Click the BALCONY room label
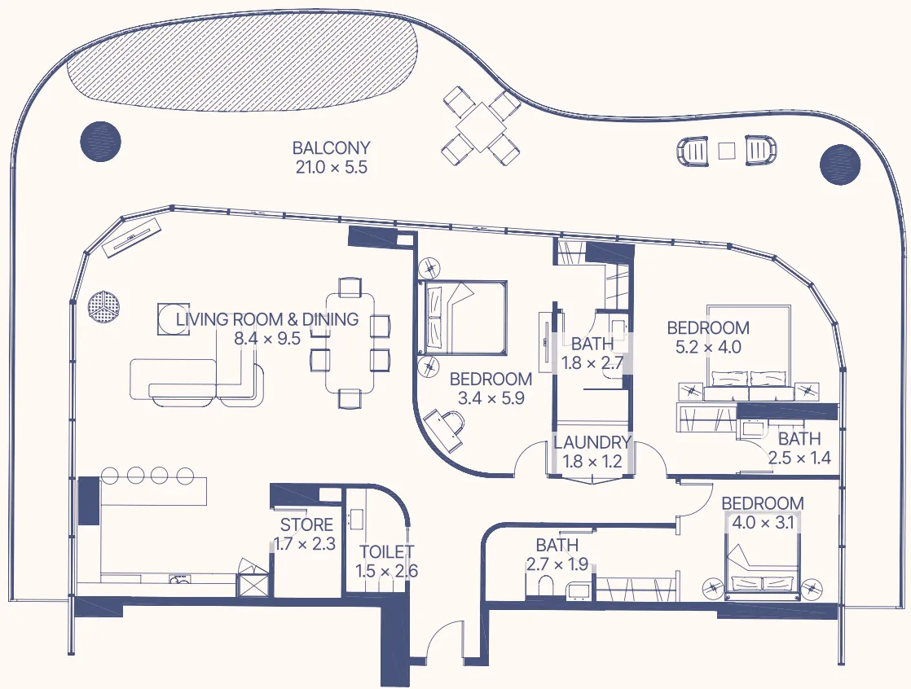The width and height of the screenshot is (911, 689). tap(331, 148)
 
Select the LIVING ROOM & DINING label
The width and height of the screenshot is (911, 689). tap(267, 319)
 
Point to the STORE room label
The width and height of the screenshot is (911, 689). tap(306, 525)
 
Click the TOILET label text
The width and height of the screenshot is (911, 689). tap(386, 552)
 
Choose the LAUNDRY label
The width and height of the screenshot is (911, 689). tap(592, 443)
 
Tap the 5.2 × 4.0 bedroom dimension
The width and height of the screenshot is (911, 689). tap(708, 348)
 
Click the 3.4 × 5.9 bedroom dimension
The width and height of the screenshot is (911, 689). tap(491, 399)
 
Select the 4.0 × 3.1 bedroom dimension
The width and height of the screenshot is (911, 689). tap(763, 523)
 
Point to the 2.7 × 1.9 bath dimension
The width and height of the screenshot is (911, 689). tap(557, 564)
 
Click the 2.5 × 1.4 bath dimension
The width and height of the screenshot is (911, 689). tap(799, 458)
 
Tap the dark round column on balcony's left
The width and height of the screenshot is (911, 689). tap(100, 140)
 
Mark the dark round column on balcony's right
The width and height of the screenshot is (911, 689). tap(839, 165)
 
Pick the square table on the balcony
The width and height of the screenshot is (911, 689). tap(482, 125)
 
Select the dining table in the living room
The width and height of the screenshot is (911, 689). tap(350, 342)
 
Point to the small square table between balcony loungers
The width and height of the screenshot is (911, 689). tap(727, 150)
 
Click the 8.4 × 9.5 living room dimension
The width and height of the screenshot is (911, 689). tap(267, 339)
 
